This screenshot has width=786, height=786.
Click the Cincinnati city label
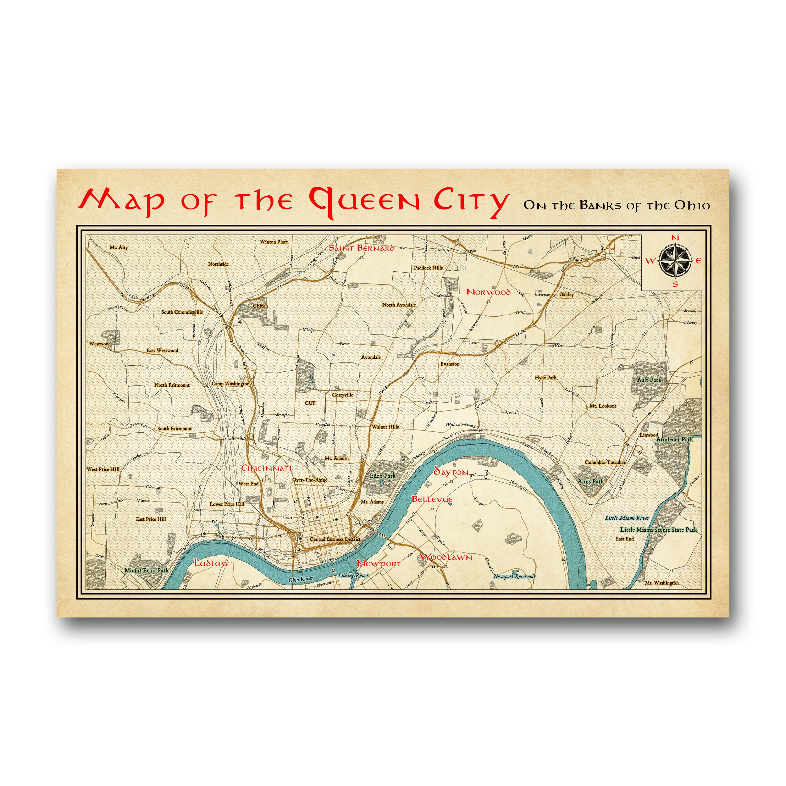click(x=267, y=468)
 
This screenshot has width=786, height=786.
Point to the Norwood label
click(x=488, y=292)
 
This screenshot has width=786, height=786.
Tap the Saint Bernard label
click(x=361, y=248)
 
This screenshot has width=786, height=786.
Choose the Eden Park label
click(x=382, y=476)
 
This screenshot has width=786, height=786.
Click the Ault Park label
click(x=649, y=379)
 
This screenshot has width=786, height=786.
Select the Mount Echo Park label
click(x=147, y=570)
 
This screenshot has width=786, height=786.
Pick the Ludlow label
click(x=212, y=563)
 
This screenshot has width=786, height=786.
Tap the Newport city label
click(x=379, y=564)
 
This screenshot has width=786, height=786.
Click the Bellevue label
click(x=432, y=499)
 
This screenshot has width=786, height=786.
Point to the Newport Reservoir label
click(x=514, y=576)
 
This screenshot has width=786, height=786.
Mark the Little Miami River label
click(x=627, y=518)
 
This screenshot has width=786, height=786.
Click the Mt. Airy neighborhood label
click(x=119, y=247)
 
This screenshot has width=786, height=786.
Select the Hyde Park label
click(x=545, y=378)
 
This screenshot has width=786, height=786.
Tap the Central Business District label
click(x=335, y=539)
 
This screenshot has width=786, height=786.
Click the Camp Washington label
click(x=230, y=384)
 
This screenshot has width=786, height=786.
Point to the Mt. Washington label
click(x=661, y=583)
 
